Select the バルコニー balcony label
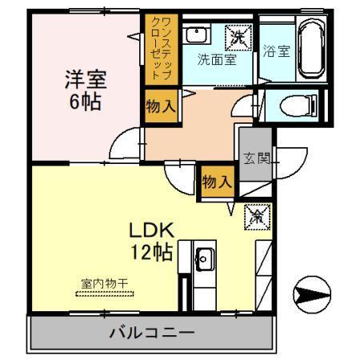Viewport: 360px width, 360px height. (151, 332)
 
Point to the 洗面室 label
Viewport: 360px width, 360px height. (217, 60)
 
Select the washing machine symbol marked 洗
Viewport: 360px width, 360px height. (238, 37)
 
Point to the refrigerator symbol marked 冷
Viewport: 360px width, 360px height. (258, 214)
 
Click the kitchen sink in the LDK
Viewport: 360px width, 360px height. (202, 258)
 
